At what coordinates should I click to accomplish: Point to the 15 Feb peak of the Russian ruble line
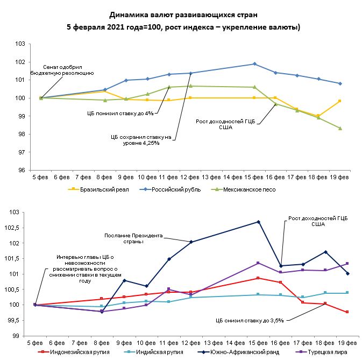pyautogui.click(x=254, y=64)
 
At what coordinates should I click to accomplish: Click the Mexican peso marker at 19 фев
pyautogui.click(x=340, y=128)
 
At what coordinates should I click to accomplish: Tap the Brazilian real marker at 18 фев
pyautogui.click(x=318, y=116)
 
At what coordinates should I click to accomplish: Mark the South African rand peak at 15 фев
pyautogui.click(x=259, y=222)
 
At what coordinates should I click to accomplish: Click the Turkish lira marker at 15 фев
pyautogui.click(x=259, y=263)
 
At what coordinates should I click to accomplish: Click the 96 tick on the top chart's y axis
pyautogui.click(x=21, y=170)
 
